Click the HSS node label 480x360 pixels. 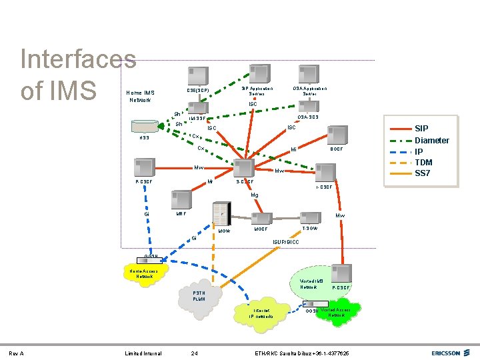tap(144, 138)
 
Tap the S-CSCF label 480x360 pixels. tap(246, 182)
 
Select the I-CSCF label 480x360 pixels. tap(325, 187)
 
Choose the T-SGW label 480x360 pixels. tap(309, 229)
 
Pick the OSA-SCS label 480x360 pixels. tap(307, 117)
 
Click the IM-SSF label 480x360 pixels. tap(197, 119)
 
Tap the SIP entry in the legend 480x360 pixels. tap(421, 129)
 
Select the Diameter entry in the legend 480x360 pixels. tap(431, 140)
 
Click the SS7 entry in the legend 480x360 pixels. tap(423, 174)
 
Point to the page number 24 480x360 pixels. tap(193, 353)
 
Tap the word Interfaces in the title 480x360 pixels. tap(79, 59)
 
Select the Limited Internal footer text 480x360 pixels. tap(143, 353)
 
